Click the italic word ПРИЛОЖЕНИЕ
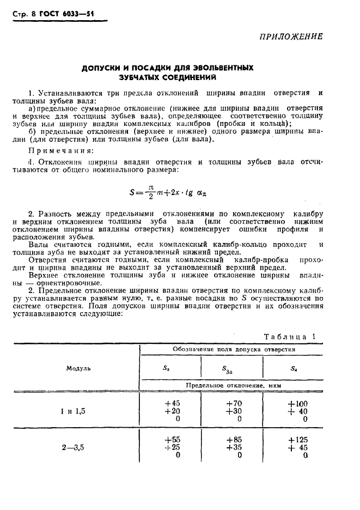pos(290,37)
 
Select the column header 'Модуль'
pos(78,368)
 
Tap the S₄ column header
pos(294,368)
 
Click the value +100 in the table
pos(297,404)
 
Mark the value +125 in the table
pos(297,439)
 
